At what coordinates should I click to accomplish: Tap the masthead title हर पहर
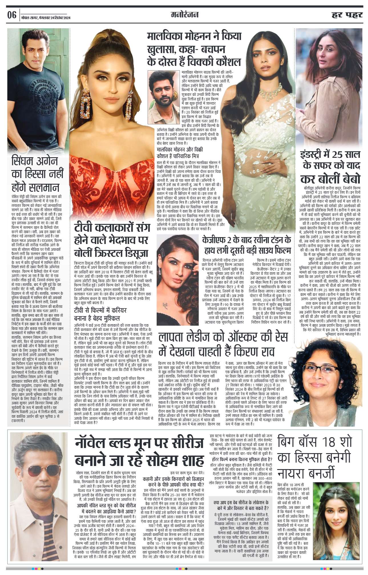347,15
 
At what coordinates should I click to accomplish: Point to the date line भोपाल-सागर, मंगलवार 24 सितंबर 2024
46,18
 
